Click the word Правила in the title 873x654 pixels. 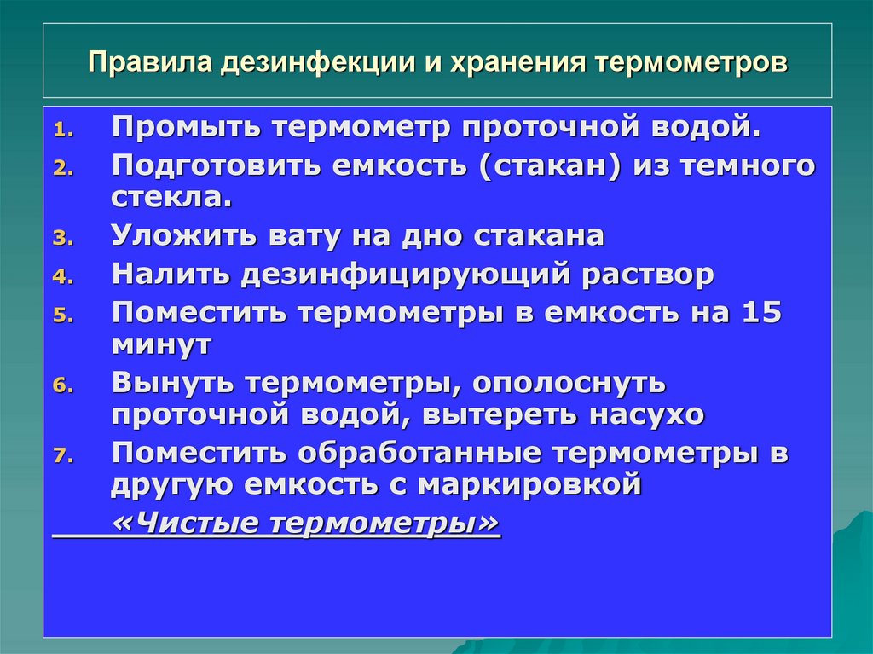(151, 64)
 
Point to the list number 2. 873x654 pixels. (64, 168)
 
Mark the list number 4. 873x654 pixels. (64, 277)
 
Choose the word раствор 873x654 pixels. (649, 275)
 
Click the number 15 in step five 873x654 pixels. (761, 313)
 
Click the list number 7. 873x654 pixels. (64, 456)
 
